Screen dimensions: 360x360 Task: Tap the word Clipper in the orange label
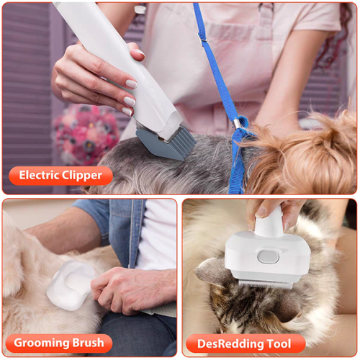tap(86, 175)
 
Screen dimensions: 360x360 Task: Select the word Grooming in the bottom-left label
tap(40, 343)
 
